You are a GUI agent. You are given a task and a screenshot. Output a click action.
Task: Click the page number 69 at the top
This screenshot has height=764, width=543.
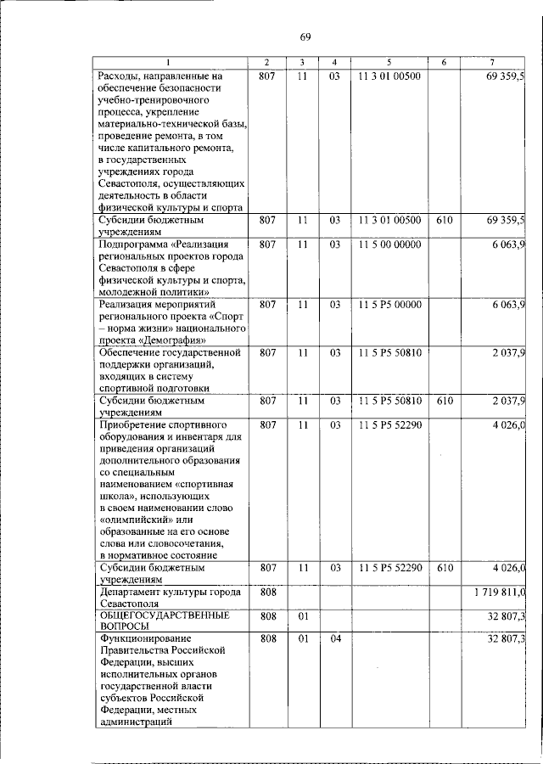point(305,36)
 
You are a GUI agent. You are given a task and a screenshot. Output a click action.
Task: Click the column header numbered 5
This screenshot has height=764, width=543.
point(389,63)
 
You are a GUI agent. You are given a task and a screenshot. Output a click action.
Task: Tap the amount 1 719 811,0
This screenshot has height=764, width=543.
point(499,592)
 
